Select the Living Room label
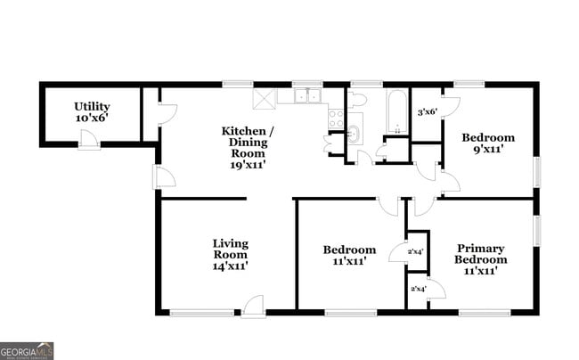pyautogui.click(x=230, y=254)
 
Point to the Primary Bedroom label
pyautogui.click(x=480, y=259)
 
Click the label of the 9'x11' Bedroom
pyautogui.click(x=487, y=143)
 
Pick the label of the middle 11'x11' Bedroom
pyautogui.click(x=349, y=255)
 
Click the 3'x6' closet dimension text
pyautogui.click(x=428, y=111)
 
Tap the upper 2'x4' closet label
pyautogui.click(x=415, y=251)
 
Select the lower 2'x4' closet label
pyautogui.click(x=417, y=288)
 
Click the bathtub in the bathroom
pyautogui.click(x=396, y=113)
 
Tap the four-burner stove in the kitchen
pyautogui.click(x=336, y=116)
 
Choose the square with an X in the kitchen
pyautogui.click(x=263, y=97)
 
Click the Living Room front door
pyautogui.click(x=253, y=306)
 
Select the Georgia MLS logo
pyautogui.click(x=27, y=350)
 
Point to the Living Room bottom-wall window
pyautogui.click(x=201, y=312)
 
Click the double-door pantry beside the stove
pyautogui.click(x=335, y=143)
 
